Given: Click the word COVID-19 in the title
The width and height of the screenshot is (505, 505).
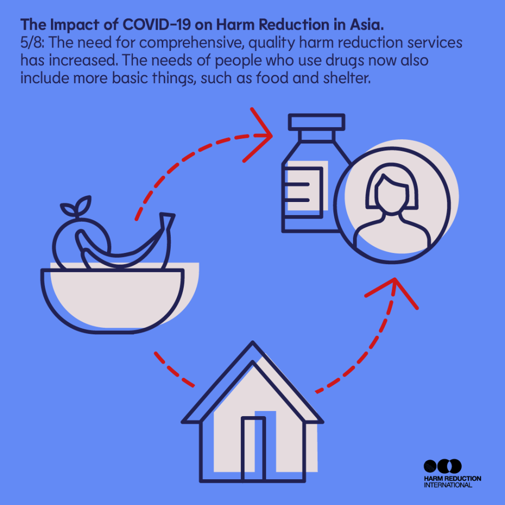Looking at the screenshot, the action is pos(157,25).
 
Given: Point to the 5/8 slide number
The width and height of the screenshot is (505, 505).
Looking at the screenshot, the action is pos(31,43).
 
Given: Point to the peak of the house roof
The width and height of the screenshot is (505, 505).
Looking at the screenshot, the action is pos(252,342).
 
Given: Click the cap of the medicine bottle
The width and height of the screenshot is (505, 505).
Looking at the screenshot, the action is pos(316,122).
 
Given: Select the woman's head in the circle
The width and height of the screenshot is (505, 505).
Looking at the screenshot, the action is pos(391,190).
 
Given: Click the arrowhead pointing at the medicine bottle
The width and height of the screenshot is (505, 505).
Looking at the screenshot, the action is pos(258,135).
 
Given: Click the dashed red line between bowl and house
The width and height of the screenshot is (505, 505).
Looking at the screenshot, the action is pos(173,370).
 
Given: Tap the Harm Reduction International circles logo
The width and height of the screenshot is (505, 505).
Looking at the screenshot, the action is pos(442,466).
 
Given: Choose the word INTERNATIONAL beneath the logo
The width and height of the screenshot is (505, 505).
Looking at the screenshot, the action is pos(447,485).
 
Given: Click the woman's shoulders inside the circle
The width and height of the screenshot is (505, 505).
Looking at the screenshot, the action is pos(392,233).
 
